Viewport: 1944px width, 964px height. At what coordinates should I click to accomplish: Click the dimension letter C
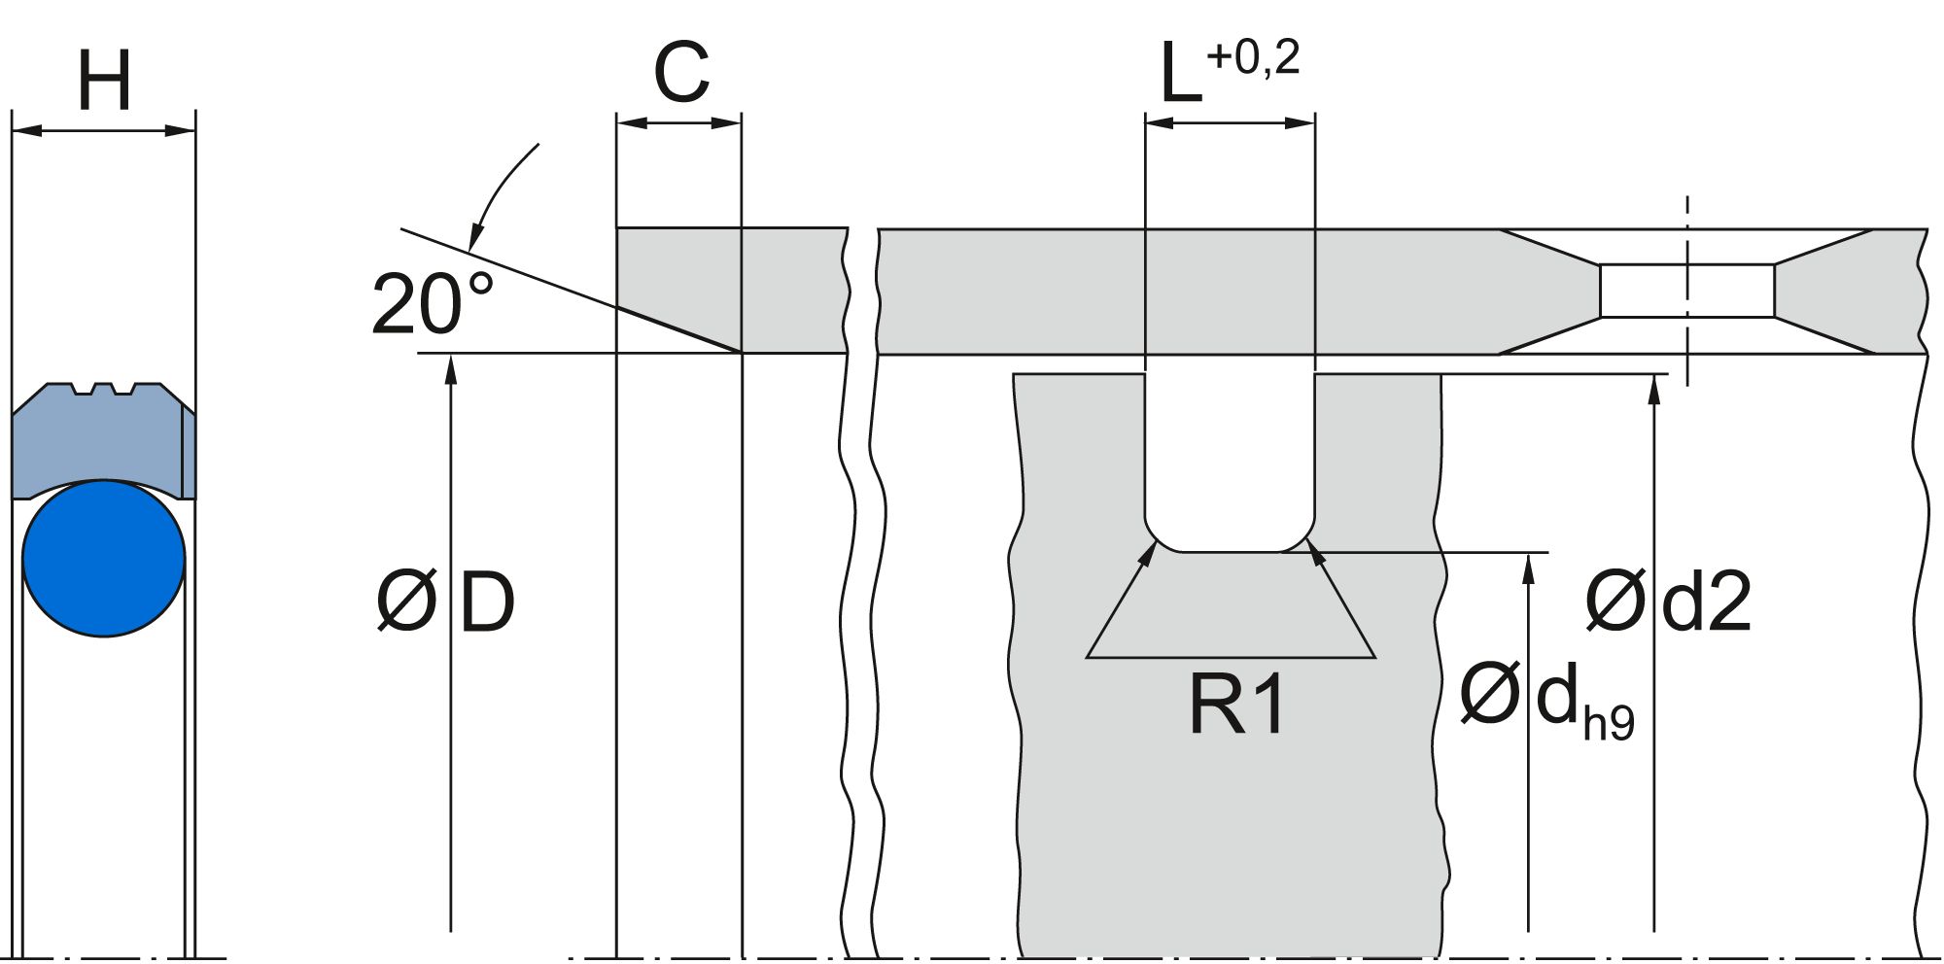680,73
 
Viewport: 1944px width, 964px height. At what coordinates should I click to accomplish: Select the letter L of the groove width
1181,76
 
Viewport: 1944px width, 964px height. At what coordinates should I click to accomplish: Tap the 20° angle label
432,304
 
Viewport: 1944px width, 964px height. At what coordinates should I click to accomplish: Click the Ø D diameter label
445,602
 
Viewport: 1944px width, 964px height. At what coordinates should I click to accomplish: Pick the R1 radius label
1236,705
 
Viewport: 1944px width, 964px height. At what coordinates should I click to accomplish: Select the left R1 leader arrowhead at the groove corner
1150,553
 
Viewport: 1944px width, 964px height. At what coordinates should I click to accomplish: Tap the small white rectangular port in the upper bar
1687,291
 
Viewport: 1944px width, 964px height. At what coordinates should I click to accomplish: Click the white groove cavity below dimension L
1230,457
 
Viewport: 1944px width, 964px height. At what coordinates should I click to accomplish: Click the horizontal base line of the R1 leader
1231,658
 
